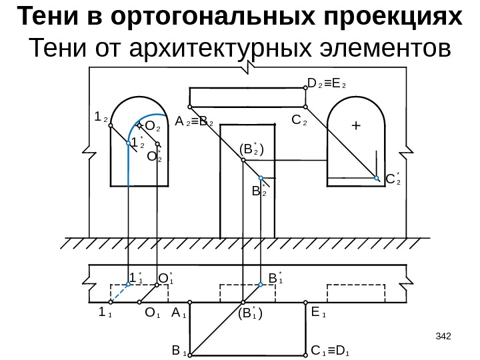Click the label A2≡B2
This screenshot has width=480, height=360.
194,123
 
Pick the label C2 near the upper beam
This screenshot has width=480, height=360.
299,122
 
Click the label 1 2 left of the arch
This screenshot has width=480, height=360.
101,117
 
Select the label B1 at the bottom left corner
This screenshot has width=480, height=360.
178,350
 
